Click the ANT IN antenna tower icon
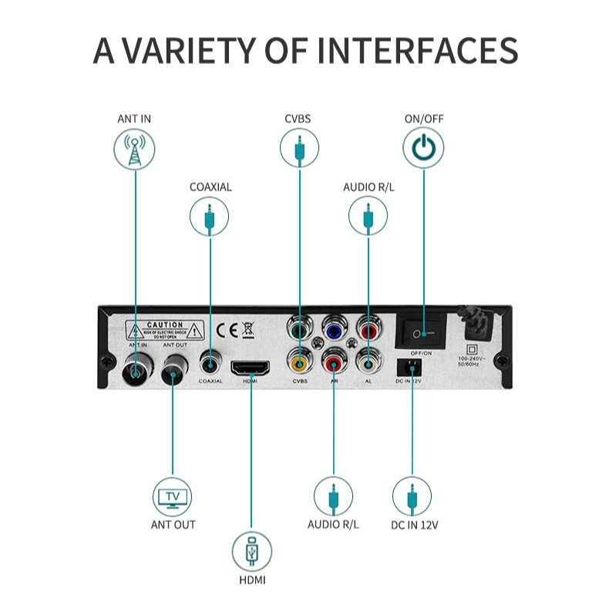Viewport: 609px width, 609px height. (x=134, y=150)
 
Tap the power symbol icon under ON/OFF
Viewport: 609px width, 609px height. (x=422, y=146)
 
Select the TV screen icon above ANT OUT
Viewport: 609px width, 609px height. (x=173, y=496)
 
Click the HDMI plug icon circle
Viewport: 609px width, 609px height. (x=251, y=552)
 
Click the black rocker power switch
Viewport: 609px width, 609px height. (x=420, y=331)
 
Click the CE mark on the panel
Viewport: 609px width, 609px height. (x=226, y=331)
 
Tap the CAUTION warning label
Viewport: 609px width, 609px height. (x=165, y=331)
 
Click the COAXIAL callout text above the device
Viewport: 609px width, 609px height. (x=210, y=187)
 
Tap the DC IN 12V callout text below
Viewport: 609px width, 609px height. (x=414, y=526)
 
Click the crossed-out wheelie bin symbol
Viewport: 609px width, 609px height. (x=247, y=331)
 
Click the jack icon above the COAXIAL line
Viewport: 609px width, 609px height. (x=210, y=217)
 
